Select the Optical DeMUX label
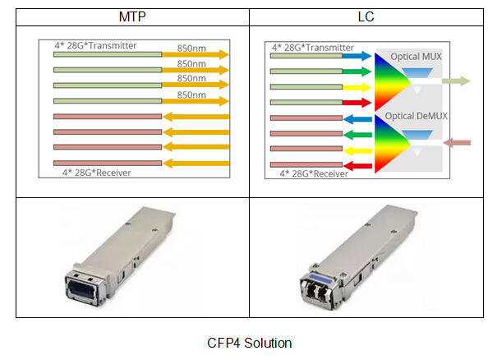point(418,116)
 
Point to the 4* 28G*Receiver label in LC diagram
point(315,173)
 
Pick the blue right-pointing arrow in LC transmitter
point(357,58)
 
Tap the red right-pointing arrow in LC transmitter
point(357,103)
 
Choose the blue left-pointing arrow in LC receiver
point(357,119)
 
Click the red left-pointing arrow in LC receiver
point(357,166)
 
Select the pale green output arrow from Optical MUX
point(455,81)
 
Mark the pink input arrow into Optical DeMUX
point(457,143)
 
